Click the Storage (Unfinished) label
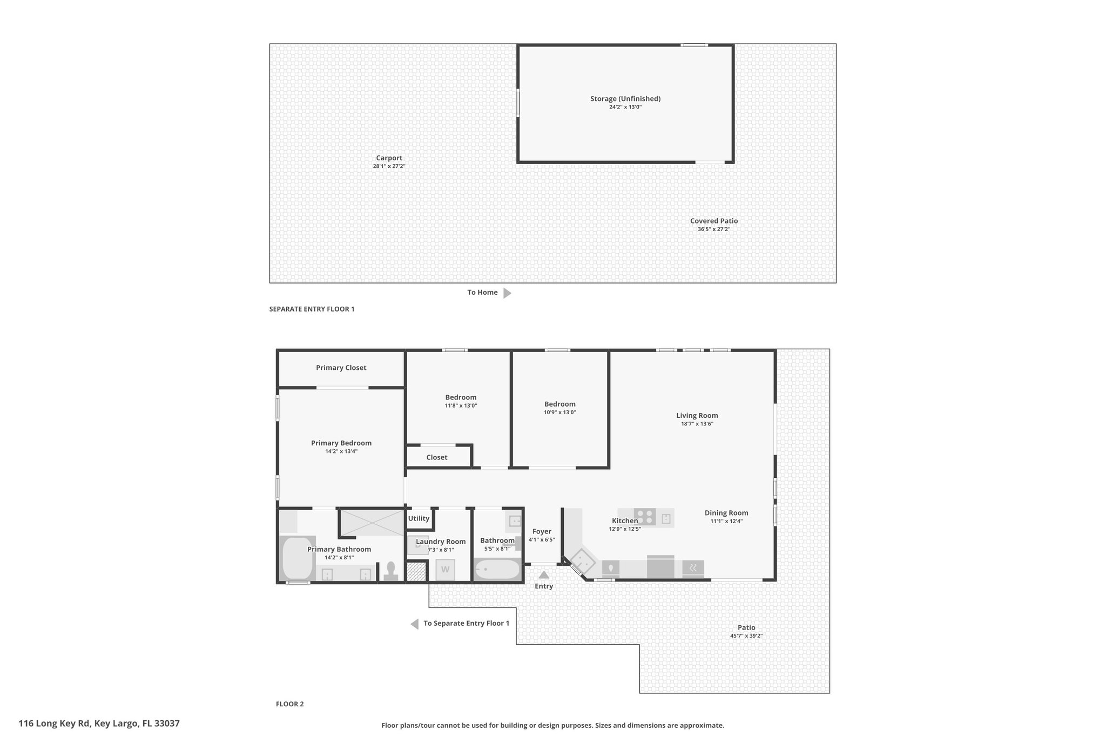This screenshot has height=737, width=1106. click(625, 99)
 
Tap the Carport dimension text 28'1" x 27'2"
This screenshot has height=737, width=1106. click(389, 166)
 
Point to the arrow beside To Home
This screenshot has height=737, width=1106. click(507, 293)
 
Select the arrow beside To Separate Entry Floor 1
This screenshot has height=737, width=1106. click(415, 624)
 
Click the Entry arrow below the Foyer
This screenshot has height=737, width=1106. click(544, 574)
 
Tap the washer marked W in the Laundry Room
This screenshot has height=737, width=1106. click(446, 570)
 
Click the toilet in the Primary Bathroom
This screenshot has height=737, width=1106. click(390, 572)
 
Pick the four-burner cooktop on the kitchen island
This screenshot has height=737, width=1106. click(645, 517)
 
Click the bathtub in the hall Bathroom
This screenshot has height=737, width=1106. click(497, 570)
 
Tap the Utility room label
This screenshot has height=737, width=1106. click(419, 518)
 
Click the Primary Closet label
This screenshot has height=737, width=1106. click(341, 368)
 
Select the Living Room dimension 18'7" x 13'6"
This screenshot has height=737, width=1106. click(697, 424)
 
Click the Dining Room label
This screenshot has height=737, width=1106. click(726, 513)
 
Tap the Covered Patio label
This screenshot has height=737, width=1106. click(714, 221)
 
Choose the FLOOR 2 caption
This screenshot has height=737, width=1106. click(290, 704)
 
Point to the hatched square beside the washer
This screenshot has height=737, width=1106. click(416, 572)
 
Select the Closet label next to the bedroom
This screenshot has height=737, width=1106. click(437, 457)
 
